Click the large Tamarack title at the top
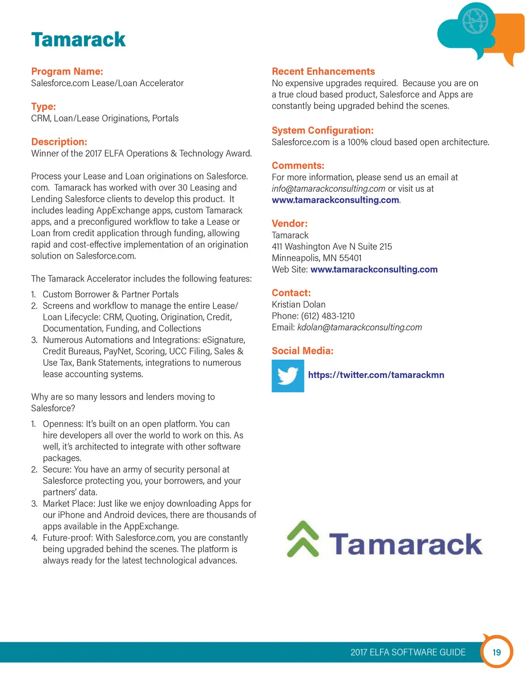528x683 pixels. pos(78,40)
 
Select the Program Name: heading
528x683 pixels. pos(67,72)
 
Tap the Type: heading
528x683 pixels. pos(43,107)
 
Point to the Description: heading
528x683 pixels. pos(59,142)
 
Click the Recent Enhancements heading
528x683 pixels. pos(323,72)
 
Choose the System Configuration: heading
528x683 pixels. pos(322,130)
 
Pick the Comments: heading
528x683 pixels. pos(298,165)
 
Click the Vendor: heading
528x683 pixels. pos(290,224)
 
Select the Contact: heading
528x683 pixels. pos(291,293)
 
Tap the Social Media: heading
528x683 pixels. pos(303,351)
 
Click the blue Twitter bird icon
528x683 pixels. pos(288,376)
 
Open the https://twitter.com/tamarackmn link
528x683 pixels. pos(376,375)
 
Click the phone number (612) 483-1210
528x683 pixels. pos(328,316)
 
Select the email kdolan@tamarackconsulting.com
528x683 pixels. pos(359,327)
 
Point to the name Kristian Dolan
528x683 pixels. pos(299,305)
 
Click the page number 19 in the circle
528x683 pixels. pos(497,652)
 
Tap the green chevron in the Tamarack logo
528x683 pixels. pos(303,539)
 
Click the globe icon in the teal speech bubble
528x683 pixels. pos(475,22)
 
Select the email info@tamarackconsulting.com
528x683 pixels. pos(328,189)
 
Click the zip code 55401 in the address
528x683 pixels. pos(351,258)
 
